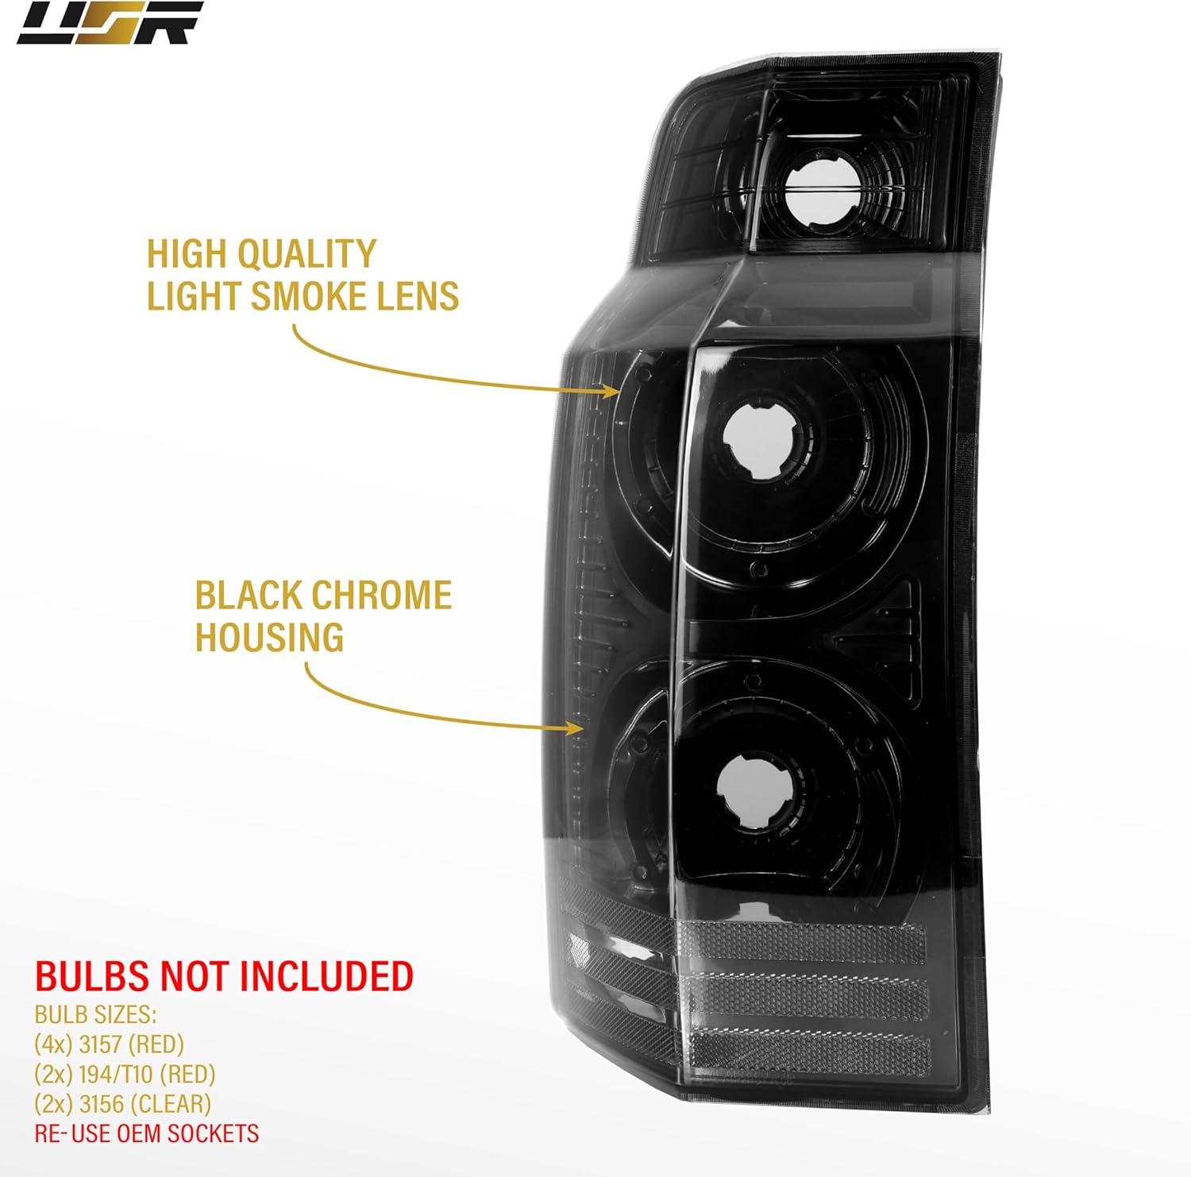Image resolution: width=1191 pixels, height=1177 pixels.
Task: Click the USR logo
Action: tap(110, 22)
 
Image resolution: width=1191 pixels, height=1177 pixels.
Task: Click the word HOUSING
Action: tap(269, 638)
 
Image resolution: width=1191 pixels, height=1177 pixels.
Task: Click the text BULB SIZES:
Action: tap(95, 1014)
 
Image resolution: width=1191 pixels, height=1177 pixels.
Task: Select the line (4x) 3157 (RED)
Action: tap(109, 1044)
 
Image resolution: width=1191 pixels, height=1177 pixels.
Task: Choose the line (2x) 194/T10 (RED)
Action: tap(125, 1074)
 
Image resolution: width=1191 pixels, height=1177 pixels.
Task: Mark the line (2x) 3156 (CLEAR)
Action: tap(122, 1104)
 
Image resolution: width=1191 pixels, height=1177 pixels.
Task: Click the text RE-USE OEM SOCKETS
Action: tap(146, 1133)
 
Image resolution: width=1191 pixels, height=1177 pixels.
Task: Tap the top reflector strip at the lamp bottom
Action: tap(802, 942)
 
